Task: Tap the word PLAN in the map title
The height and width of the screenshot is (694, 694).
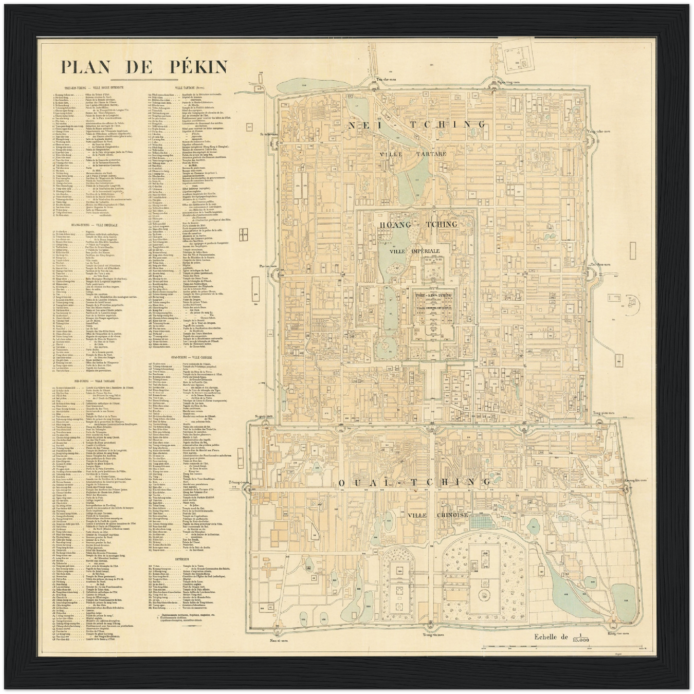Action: tap(84, 66)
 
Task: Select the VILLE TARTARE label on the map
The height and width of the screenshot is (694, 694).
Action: tap(413, 154)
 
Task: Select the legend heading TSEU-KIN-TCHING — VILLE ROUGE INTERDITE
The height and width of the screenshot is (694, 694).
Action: tap(90, 87)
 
